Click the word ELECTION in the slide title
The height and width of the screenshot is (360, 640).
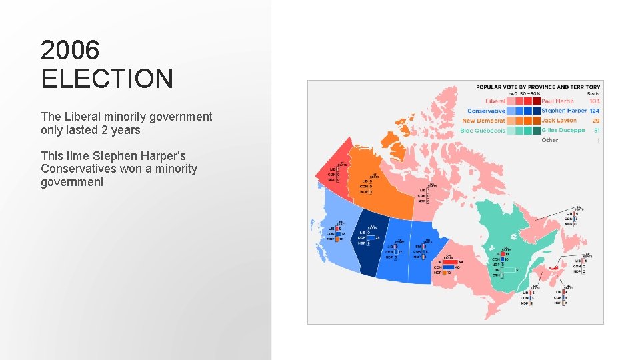coord(107,79)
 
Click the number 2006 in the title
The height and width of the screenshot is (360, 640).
coord(70,50)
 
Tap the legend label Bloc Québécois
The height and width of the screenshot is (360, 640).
coord(483,131)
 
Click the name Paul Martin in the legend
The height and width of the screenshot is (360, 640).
coord(559,101)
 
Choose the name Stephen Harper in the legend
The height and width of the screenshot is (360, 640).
coord(564,111)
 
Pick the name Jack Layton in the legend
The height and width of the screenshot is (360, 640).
coord(559,121)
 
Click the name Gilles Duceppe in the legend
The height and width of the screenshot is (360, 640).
coord(563,131)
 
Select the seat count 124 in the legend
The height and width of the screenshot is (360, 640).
coord(594,111)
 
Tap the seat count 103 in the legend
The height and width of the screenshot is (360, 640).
coord(594,101)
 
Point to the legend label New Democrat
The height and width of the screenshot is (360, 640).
coord(483,121)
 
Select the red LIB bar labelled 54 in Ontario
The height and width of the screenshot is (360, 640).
coord(450,262)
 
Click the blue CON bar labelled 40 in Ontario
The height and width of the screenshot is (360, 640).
coord(448,267)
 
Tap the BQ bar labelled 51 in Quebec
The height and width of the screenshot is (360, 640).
coord(507,270)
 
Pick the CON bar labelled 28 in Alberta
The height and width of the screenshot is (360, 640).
coord(371,237)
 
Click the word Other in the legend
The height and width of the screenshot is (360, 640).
coord(550,140)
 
